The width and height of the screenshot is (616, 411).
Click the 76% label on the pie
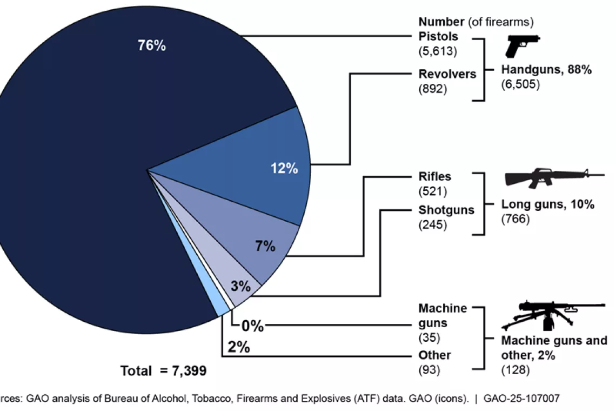click(151, 45)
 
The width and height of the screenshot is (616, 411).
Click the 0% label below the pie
click(252, 326)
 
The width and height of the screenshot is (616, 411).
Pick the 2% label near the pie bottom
click(238, 347)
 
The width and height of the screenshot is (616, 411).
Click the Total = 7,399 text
click(163, 371)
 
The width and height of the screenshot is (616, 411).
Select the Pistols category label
click(438, 37)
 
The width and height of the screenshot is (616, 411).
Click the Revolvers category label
click(447, 74)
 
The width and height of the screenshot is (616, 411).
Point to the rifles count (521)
click(433, 190)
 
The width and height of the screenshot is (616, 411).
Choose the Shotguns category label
click(446, 210)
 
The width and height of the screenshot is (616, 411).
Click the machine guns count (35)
click(430, 337)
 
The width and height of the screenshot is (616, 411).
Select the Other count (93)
click(430, 370)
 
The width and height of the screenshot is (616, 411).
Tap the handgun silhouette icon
click(522, 46)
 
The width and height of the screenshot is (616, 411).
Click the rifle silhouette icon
click(551, 177)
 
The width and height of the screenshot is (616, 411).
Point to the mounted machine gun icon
click(551, 315)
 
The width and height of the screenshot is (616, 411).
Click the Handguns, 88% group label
click(547, 70)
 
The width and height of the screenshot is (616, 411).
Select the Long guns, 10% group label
click(548, 204)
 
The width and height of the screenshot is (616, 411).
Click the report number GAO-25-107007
click(521, 399)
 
